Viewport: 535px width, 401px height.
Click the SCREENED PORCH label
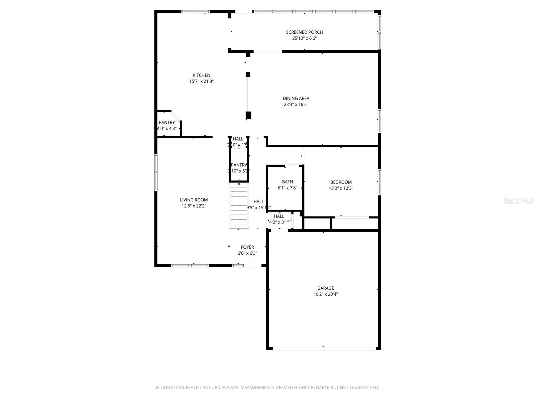point(304,32)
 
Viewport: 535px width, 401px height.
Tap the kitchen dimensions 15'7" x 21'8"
point(201,81)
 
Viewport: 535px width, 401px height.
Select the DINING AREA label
point(296,98)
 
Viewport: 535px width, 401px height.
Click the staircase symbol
point(239,206)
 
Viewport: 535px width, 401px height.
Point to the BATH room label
point(287,182)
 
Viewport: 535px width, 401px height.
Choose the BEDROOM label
point(341,182)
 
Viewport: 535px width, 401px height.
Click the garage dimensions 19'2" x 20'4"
point(325,294)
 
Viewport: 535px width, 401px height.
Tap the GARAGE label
point(325,288)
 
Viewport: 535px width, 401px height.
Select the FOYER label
point(247,247)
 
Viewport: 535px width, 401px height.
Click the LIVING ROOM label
point(194,200)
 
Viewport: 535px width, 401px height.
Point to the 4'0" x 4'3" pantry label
point(167,128)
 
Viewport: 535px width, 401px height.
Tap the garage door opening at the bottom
point(324,349)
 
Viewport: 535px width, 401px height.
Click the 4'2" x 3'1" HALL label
point(279,222)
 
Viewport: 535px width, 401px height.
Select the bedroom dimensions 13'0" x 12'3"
point(341,188)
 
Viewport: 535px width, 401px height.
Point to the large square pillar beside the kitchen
point(248,115)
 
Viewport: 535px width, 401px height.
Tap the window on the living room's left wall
point(156,172)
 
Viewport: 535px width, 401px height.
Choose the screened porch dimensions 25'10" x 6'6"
point(304,38)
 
